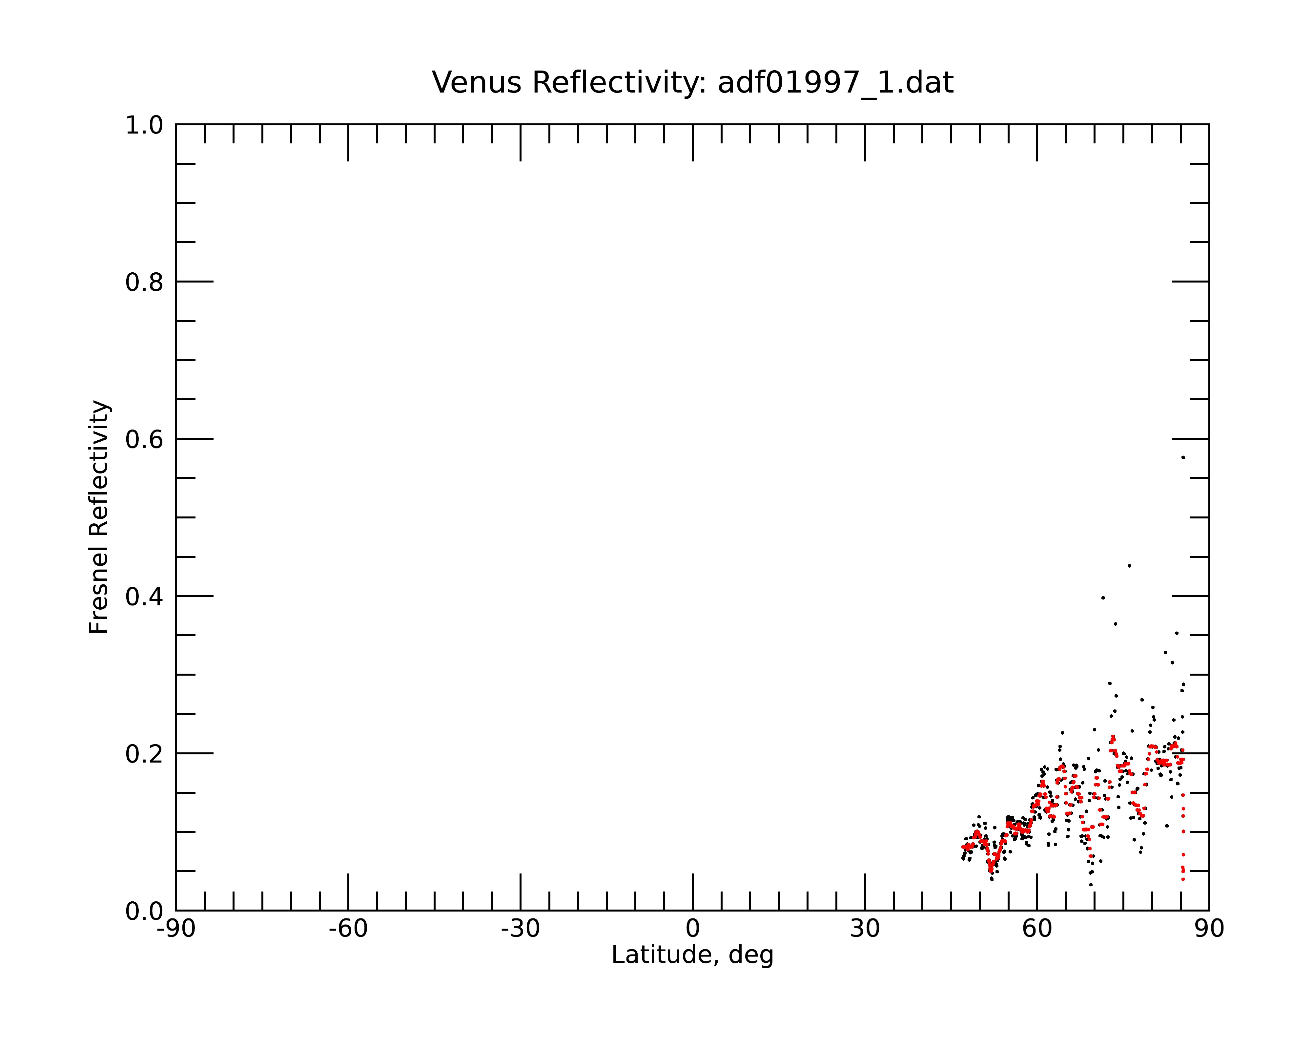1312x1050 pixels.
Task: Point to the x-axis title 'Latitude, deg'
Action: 692,955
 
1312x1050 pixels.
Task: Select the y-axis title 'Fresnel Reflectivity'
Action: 99,517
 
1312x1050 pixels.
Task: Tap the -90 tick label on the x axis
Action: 176,929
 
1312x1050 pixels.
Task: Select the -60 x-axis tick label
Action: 348,929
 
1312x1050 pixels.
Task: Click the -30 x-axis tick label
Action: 520,929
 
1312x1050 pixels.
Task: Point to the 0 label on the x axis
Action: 692,929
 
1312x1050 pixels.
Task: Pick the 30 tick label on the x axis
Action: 865,929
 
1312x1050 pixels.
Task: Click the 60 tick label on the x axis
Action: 1037,929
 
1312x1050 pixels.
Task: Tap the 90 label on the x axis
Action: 1209,929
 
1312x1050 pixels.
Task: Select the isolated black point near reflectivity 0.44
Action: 1129,565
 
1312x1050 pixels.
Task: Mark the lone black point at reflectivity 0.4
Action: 1103,598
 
